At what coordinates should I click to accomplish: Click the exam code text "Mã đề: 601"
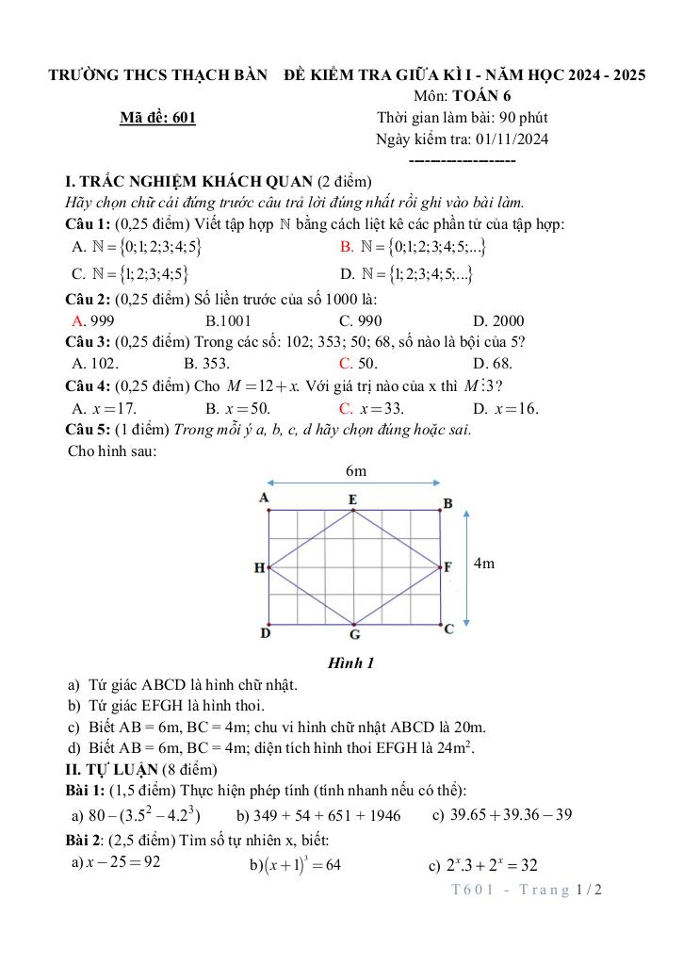[x=158, y=118]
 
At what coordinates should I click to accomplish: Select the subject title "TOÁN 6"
[x=481, y=96]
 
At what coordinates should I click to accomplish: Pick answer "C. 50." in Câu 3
[x=359, y=364]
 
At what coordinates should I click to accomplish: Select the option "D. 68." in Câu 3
[x=493, y=364]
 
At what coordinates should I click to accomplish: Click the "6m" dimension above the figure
[x=356, y=471]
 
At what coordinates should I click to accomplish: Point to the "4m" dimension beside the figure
[x=484, y=564]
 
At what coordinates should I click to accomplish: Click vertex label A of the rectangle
[x=265, y=497]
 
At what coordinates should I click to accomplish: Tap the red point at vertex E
[x=353, y=512]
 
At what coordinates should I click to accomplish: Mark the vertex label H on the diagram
[x=258, y=568]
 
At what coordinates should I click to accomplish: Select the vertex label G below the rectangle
[x=355, y=634]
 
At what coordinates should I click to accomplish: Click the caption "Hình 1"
[x=350, y=663]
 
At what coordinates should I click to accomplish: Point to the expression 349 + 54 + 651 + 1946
[x=318, y=815]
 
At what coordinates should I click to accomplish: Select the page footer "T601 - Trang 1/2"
[x=526, y=890]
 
